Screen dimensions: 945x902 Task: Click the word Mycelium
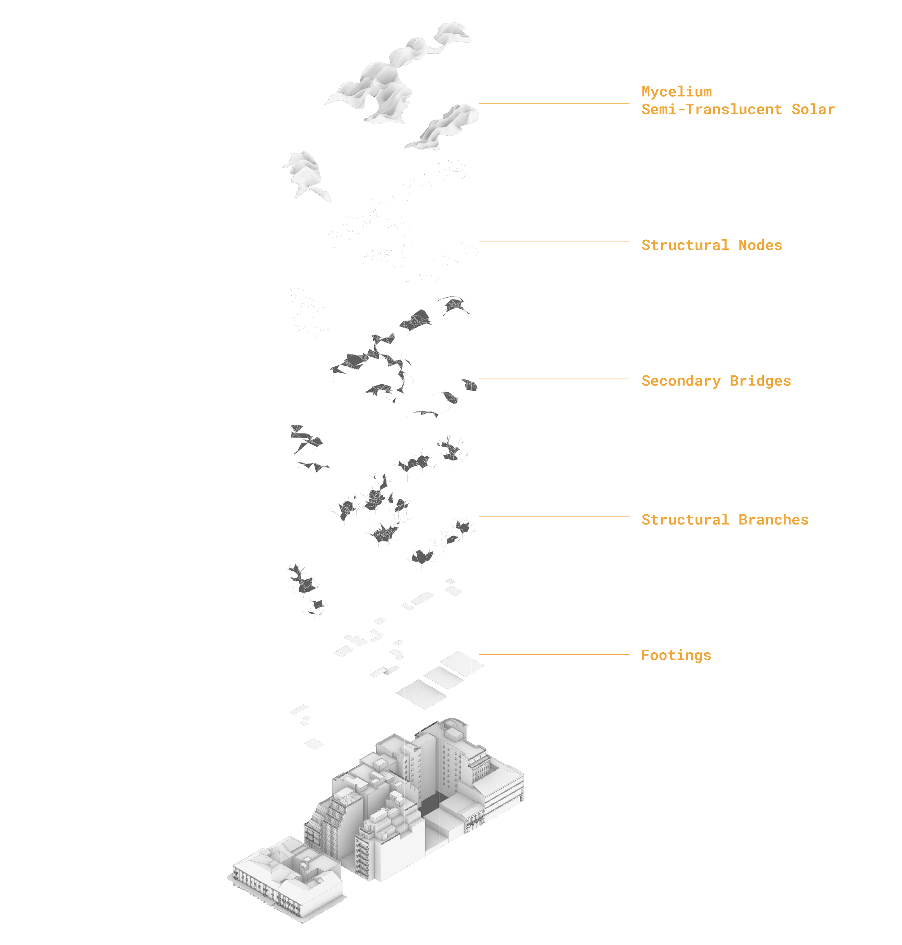click(x=676, y=91)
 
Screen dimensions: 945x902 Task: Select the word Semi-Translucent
click(x=711, y=110)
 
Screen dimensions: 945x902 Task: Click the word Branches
click(x=773, y=520)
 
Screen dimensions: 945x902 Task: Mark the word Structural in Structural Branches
click(x=685, y=520)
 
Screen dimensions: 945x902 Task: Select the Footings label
click(x=676, y=656)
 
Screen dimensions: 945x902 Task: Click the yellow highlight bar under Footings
click(x=667, y=666)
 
